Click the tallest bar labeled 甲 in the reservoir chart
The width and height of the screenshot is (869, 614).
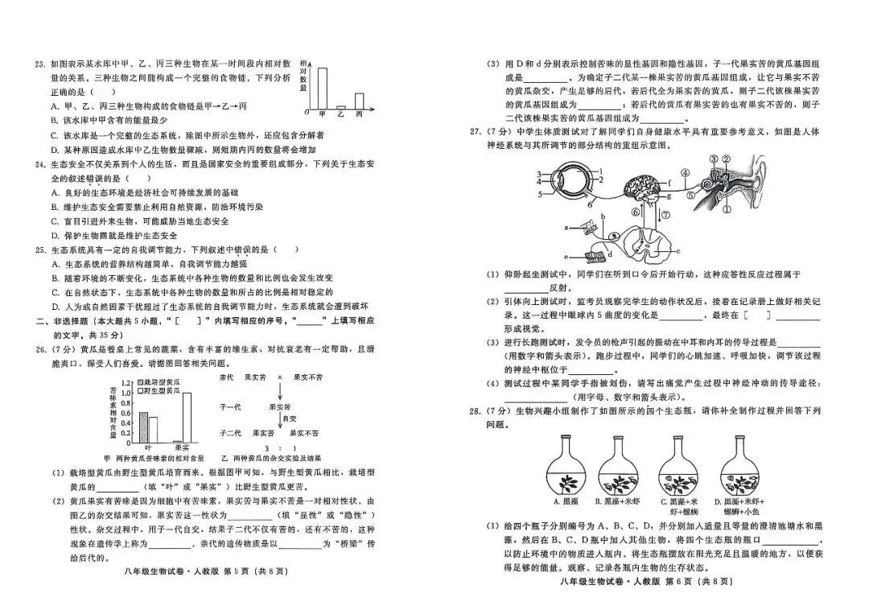point(322,87)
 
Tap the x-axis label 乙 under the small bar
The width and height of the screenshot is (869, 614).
point(340,115)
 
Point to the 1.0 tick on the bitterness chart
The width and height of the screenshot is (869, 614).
point(124,394)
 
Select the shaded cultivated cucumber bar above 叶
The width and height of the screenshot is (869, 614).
point(143,426)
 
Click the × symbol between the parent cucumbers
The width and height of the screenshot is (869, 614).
point(280,376)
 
